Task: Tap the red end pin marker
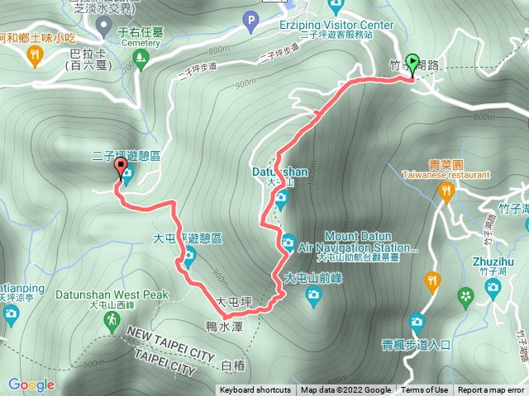coord(122,170)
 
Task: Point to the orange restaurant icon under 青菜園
coord(447,193)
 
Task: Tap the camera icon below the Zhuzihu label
coord(493,288)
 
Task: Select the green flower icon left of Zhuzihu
coord(467,295)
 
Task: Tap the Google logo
coord(31,384)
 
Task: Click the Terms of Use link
coord(426,390)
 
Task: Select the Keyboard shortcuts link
coord(255,390)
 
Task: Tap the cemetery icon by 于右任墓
coord(141,57)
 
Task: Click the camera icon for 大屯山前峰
coord(314,295)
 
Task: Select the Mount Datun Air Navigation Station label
coord(357,241)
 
